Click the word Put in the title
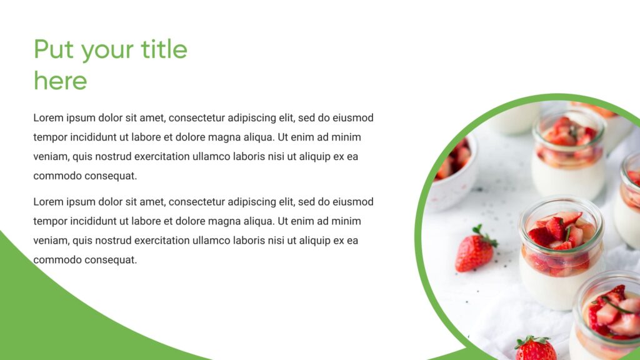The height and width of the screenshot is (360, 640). tap(54, 49)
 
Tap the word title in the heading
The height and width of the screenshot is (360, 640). tap(164, 49)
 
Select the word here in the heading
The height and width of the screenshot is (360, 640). tap(60, 81)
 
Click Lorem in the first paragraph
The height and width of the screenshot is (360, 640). tap(48, 117)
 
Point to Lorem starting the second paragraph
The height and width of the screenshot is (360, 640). tap(48, 202)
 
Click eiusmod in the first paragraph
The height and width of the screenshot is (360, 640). tap(353, 117)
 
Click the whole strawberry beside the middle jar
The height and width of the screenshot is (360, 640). tap(474, 251)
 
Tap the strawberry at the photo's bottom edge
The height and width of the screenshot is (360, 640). tap(535, 349)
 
